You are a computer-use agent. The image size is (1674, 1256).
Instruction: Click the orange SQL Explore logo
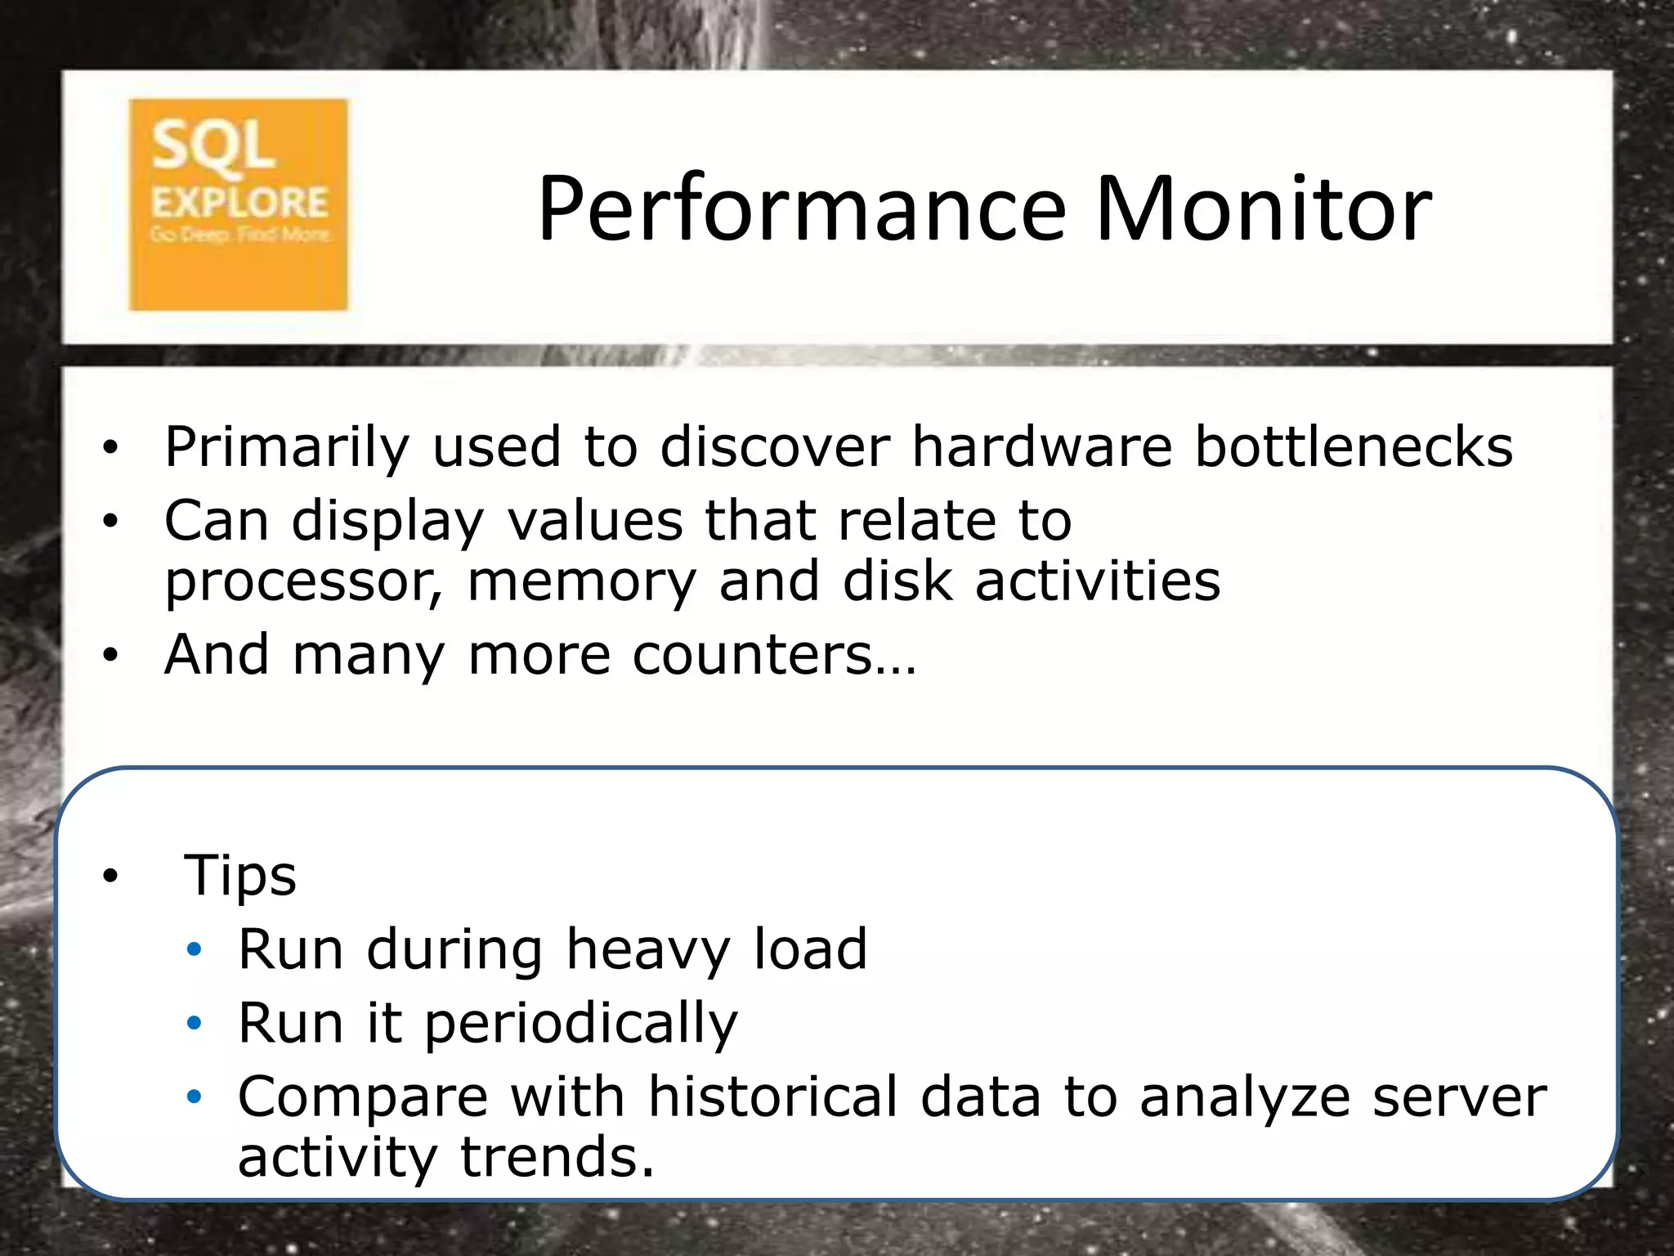click(238, 204)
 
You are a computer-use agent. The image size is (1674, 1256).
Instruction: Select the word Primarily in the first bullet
click(286, 449)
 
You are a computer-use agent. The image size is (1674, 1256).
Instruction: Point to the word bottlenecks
click(1354, 447)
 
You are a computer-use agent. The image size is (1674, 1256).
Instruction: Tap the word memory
click(582, 583)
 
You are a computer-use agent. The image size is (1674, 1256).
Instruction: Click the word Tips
click(239, 876)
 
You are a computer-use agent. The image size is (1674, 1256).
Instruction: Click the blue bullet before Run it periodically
click(194, 1023)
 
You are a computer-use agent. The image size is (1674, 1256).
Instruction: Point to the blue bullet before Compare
click(194, 1097)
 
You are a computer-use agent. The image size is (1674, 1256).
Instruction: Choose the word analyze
click(1245, 1098)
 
